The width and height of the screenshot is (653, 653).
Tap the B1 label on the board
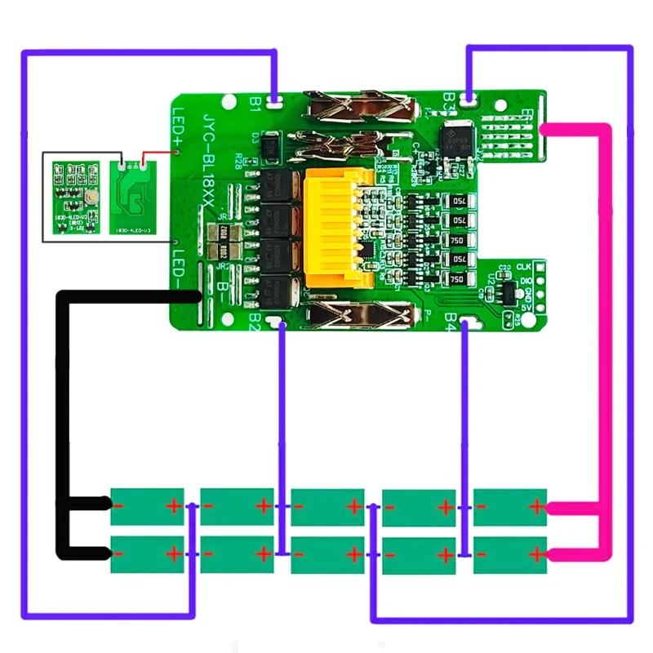click(255, 101)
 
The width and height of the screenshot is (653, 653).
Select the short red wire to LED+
click(159, 152)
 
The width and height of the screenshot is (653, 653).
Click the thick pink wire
click(606, 326)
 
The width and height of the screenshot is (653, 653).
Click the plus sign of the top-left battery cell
click(172, 506)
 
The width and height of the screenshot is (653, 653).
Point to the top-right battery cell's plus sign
click(535, 506)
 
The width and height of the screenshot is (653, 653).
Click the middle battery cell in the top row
click(326, 506)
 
